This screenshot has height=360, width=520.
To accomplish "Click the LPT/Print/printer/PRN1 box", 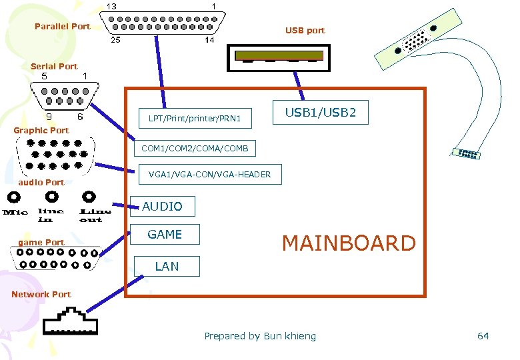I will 195,119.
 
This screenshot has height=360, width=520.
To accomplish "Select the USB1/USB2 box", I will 321,113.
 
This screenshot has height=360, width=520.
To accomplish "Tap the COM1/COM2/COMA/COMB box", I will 195,148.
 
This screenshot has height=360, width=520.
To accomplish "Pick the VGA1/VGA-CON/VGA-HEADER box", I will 209,175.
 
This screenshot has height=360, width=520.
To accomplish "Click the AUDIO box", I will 162,207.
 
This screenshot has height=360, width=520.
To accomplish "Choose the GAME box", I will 165,234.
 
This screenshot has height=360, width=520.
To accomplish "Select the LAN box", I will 167,266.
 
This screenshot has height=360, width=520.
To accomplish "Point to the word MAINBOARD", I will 349,243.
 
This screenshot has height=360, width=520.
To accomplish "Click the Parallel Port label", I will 62,27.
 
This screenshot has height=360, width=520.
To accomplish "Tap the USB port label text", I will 305,31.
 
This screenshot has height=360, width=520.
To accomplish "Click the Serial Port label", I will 54,66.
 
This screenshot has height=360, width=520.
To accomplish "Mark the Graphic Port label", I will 41,130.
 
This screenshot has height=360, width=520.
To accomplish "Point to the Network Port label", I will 41,294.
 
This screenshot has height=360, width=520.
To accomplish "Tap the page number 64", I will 483,336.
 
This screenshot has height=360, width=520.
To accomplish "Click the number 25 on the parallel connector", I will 115,40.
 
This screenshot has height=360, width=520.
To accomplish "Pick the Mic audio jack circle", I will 15,197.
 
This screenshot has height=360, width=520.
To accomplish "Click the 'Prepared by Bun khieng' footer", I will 260,336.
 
